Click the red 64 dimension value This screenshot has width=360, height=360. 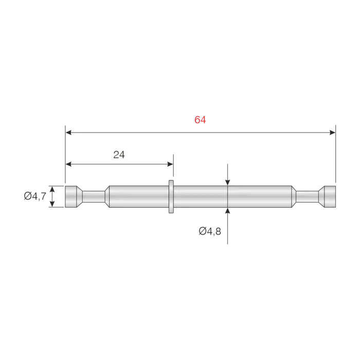point(200,120)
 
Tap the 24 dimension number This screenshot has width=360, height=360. point(119,155)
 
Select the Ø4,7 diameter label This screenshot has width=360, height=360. point(35,196)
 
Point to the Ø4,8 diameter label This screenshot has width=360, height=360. point(210,231)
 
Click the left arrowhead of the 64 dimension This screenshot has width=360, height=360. point(68,133)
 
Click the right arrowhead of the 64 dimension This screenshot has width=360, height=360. point(332,133)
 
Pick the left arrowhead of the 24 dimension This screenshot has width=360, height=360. point(68,164)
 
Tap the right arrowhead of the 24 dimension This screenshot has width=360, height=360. point(170,164)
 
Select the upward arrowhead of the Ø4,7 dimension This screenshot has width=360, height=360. point(52,189)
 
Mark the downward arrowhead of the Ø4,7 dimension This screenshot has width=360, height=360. point(52,204)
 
